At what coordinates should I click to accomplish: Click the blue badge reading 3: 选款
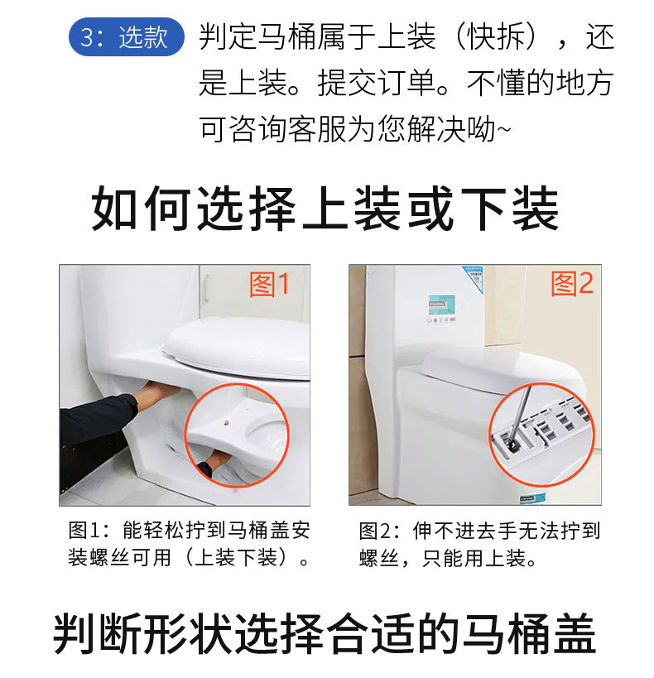127,36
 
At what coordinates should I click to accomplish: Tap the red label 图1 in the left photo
269,285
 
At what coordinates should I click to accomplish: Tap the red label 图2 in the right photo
572,284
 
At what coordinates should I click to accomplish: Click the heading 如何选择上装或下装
325,209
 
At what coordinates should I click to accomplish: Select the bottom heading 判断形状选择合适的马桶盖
325,633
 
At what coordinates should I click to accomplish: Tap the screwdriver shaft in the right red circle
521,415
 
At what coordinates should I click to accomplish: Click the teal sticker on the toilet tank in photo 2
442,304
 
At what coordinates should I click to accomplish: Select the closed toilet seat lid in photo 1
237,346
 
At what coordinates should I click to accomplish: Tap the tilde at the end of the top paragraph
504,129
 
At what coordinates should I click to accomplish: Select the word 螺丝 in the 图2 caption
379,558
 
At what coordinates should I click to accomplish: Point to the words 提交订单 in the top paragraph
377,83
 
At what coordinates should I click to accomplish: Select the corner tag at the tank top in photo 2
474,279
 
